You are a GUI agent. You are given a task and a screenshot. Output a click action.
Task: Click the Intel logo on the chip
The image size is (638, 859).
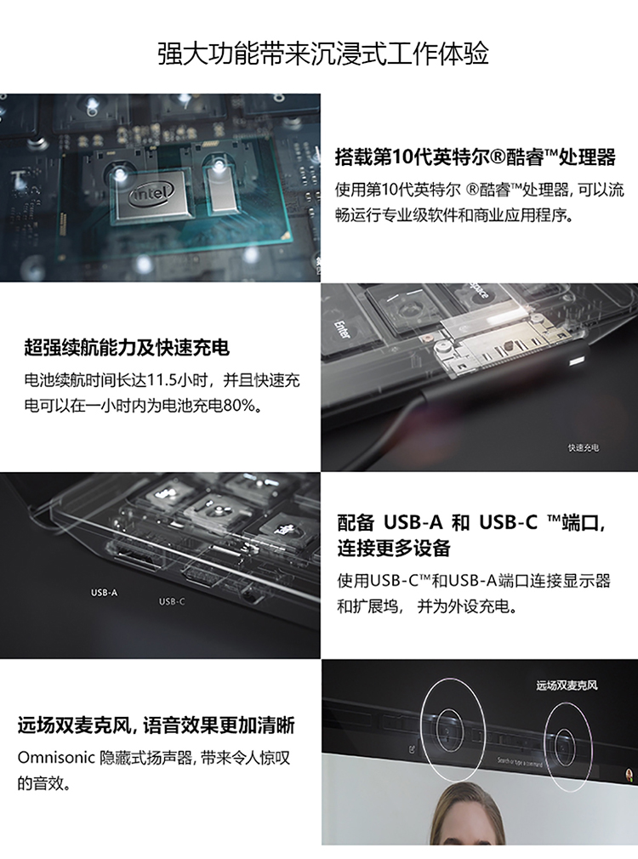(x=151, y=193)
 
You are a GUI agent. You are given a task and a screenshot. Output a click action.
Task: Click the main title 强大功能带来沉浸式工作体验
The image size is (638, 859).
(x=323, y=54)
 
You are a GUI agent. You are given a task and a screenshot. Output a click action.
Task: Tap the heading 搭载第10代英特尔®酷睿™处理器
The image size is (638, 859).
(x=476, y=157)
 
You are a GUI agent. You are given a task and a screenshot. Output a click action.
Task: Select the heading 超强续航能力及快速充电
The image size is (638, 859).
(x=127, y=348)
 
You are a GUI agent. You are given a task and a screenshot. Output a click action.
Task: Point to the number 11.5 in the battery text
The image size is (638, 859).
(x=167, y=380)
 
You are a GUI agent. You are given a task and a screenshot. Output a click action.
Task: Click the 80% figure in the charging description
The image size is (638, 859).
(x=241, y=406)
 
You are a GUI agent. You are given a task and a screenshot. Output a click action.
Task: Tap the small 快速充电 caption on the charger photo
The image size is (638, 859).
(x=584, y=448)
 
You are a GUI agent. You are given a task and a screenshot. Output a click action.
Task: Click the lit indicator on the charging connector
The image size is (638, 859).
(x=577, y=362)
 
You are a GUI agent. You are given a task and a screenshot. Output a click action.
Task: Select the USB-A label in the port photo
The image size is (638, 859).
(x=104, y=592)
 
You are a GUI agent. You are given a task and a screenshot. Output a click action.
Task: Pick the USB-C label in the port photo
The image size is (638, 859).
(x=172, y=601)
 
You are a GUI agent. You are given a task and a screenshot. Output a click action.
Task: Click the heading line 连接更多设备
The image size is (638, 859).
(x=394, y=548)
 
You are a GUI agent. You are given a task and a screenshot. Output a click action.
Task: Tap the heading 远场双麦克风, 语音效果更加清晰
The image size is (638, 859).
(x=157, y=725)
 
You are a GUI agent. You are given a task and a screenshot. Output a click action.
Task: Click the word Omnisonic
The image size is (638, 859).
(x=56, y=758)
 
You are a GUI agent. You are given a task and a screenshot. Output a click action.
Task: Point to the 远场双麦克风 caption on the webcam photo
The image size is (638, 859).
(x=567, y=685)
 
